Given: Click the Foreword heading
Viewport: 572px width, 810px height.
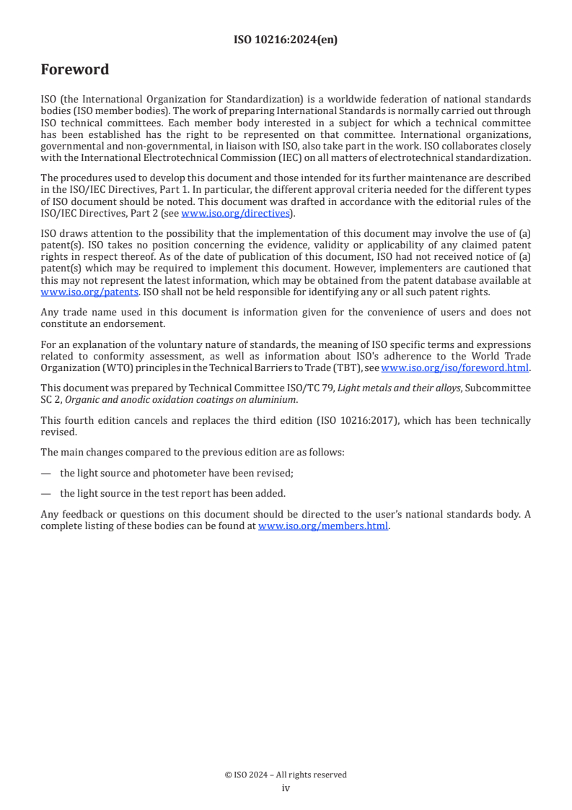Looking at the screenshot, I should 75,70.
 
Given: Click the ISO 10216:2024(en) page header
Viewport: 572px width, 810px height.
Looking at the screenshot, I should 286,40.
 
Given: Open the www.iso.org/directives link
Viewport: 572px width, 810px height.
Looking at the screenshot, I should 235,213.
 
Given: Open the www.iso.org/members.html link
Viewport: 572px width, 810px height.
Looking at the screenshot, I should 323,526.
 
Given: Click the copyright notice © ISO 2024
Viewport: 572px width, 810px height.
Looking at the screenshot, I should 286,775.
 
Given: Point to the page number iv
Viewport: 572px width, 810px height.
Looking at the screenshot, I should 286,788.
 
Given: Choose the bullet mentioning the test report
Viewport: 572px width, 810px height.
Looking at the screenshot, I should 172,493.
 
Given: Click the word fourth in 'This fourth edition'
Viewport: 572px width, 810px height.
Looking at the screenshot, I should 76,420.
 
